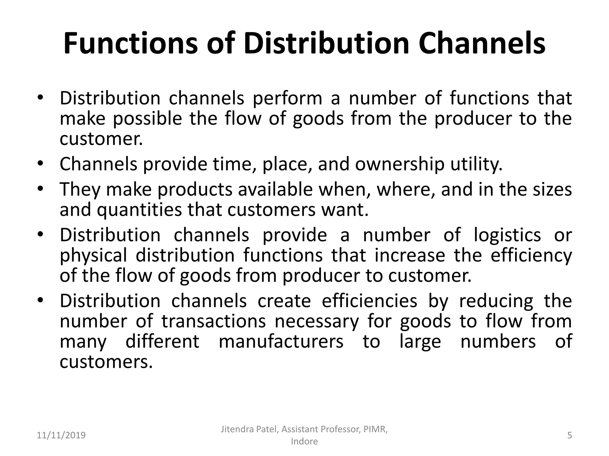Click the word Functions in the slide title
click(131, 44)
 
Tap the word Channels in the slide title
click(482, 44)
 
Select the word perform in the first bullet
click(287, 99)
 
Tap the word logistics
click(507, 235)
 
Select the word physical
click(93, 256)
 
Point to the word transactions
click(214, 322)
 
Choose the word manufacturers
click(281, 342)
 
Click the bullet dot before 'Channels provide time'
click(41, 164)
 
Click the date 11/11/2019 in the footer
click(61, 436)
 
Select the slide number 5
click(569, 436)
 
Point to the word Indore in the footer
click(304, 441)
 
